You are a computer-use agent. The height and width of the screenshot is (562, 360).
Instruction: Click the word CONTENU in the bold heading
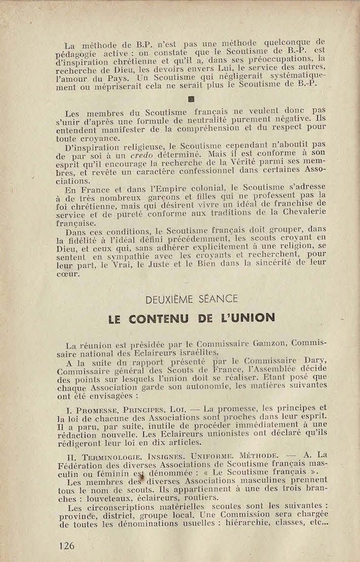coord(158,318)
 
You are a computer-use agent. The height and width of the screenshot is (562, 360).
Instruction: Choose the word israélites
coord(191,353)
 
